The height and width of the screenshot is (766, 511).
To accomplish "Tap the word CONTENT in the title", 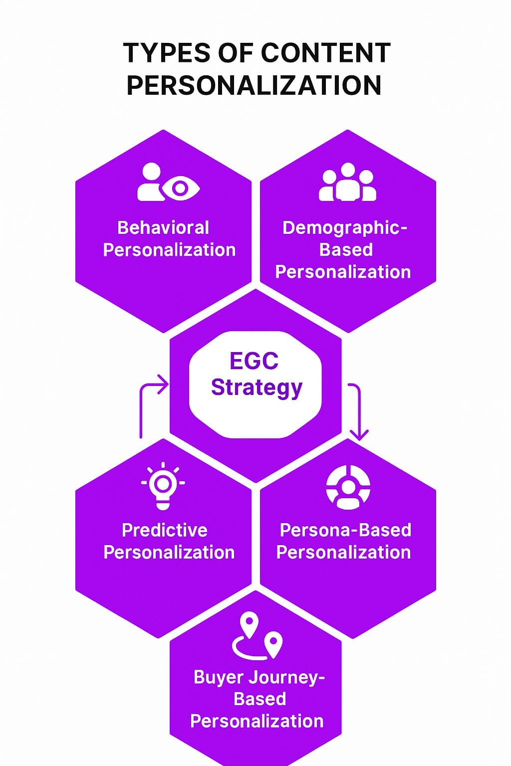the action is point(325,53).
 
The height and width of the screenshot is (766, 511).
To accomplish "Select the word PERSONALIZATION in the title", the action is point(254,85).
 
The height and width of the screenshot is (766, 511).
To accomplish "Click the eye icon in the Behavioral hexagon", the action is point(180,188).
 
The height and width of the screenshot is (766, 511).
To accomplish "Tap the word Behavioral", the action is point(163,227).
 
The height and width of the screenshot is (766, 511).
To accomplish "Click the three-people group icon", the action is point(347,182).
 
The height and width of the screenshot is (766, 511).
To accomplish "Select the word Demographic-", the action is point(345,228).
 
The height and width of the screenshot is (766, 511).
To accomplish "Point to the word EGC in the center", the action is point(254,361).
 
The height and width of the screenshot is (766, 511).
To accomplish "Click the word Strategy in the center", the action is point(256,387).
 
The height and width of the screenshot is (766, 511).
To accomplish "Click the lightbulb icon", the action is point(163,486).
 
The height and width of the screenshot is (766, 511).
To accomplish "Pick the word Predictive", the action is point(165,530).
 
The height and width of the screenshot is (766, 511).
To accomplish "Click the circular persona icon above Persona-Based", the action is point(348,487).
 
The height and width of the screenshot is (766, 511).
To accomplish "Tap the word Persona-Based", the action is point(345,530).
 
